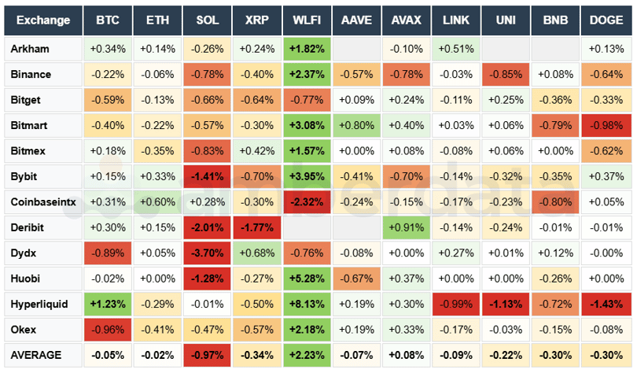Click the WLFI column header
(307, 20)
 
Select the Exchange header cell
(43, 20)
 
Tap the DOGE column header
(606, 20)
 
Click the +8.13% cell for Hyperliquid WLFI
(307, 304)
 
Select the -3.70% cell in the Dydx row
(208, 253)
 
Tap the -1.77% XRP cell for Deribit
(257, 227)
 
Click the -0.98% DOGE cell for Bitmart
(606, 125)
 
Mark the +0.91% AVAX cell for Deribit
(406, 227)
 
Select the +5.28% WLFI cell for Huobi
(307, 279)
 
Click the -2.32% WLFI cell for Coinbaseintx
(307, 201)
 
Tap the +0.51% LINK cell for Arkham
(455, 49)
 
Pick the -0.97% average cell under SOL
(208, 355)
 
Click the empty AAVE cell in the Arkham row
(356, 49)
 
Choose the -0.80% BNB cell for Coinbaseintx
(555, 201)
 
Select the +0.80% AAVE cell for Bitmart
(356, 125)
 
